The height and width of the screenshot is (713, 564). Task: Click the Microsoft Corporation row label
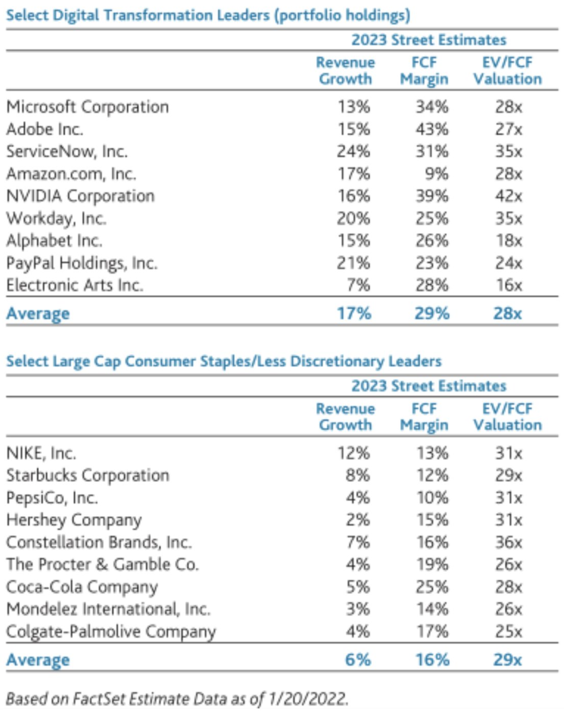pos(88,107)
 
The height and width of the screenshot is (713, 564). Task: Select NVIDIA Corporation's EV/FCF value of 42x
pos(508,196)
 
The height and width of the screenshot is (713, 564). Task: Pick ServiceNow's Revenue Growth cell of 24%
pos(353,151)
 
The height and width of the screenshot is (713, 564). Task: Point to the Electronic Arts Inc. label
pos(75,285)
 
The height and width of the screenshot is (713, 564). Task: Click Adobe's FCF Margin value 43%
pos(432,129)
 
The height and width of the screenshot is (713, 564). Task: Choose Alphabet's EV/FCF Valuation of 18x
pos(508,241)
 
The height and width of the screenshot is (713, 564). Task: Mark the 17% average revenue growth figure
pos(354,313)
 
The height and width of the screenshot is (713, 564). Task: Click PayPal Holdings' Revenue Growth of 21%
pos(353,263)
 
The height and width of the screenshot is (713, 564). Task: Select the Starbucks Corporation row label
pos(88,475)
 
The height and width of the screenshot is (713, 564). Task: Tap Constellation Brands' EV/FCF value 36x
pos(508,542)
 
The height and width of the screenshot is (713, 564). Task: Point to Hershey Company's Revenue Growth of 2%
pos(358,520)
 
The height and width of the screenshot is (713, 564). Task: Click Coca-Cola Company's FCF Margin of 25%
pos(432,587)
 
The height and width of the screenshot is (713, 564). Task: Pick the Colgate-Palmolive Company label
pos(111,632)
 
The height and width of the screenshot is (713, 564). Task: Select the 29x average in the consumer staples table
pos(508,660)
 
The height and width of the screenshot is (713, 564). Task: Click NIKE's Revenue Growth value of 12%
pos(353,453)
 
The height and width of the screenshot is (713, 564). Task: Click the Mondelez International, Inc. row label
pos(108,609)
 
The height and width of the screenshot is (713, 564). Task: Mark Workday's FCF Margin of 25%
pos(432,219)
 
